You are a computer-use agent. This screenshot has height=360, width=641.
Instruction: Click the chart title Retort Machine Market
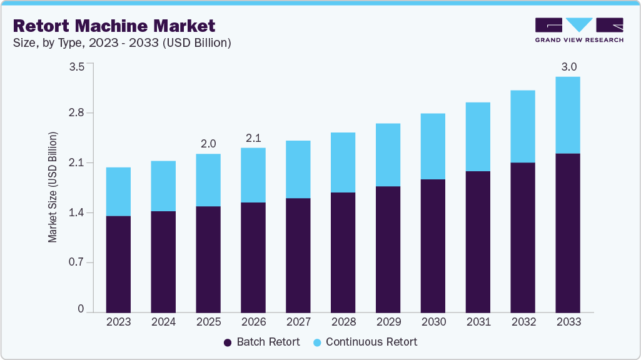114,26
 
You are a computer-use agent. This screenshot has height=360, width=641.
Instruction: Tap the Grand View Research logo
578,30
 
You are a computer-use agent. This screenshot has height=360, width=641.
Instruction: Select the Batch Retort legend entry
262,342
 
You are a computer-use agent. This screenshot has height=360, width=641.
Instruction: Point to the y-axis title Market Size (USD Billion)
53,187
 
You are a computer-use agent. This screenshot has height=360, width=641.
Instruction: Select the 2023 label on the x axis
118,322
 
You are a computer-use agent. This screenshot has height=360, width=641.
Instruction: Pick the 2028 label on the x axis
343,322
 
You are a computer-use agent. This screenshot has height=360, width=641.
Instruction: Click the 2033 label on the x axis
568,322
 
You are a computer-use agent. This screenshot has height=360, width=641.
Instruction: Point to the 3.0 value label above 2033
568,67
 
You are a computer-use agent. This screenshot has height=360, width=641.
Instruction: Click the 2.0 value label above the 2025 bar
208,144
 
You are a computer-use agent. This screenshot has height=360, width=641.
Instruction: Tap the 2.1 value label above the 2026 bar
253,137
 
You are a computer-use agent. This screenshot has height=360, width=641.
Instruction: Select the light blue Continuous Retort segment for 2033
568,115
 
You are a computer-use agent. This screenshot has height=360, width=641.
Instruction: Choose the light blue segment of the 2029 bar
388,155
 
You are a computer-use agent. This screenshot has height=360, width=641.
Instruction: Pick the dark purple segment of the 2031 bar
478,241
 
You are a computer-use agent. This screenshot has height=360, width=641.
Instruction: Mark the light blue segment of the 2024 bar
163,186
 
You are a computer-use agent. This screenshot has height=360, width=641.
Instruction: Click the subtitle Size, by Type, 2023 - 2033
123,43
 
